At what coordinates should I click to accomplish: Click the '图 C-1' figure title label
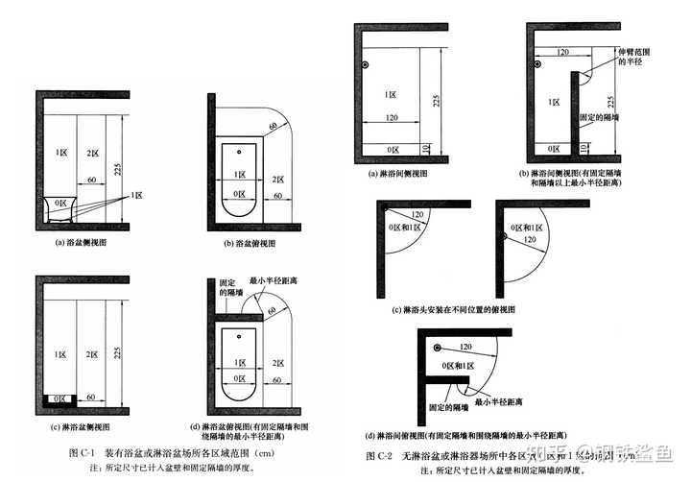point(80,451)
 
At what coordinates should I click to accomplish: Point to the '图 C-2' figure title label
point(380,453)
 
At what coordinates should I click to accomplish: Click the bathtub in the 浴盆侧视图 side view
point(62,205)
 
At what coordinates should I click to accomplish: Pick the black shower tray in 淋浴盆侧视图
point(61,397)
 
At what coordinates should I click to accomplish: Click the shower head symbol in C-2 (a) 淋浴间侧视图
point(367,65)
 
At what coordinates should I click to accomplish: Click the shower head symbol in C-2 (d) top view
point(437,347)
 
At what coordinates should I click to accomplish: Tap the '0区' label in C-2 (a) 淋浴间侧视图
point(392,149)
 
